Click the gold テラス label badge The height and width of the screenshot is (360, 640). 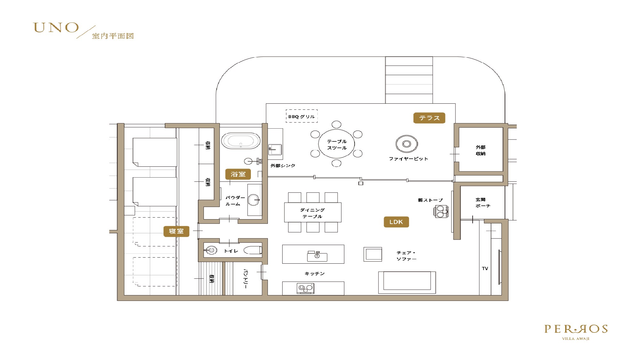click(x=429, y=118)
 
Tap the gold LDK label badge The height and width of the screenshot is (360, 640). click(x=396, y=222)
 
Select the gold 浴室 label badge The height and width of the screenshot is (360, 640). click(x=238, y=174)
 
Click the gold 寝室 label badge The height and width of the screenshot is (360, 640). click(x=176, y=231)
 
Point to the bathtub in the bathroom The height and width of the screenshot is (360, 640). click(x=241, y=141)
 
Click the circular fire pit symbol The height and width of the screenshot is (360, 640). click(x=407, y=144)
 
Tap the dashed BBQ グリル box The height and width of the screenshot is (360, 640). click(x=301, y=116)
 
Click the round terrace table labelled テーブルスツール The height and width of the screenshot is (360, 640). click(x=336, y=144)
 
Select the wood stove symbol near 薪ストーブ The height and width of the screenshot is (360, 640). click(x=441, y=212)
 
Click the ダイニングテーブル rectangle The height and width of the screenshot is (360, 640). click(x=313, y=212)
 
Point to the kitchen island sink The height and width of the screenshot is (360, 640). click(x=317, y=256)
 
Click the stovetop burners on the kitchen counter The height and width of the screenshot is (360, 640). click(x=305, y=288)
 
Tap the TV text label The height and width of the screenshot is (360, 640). click(x=485, y=268)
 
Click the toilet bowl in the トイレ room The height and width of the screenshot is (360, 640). click(x=253, y=250)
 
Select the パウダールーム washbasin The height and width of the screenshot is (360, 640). click(x=253, y=200)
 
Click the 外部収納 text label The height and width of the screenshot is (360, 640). click(x=480, y=150)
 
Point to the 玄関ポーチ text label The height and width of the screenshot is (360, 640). click(x=482, y=203)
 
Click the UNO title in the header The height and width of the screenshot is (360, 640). click(x=56, y=28)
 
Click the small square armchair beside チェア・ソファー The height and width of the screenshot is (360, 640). click(x=373, y=254)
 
